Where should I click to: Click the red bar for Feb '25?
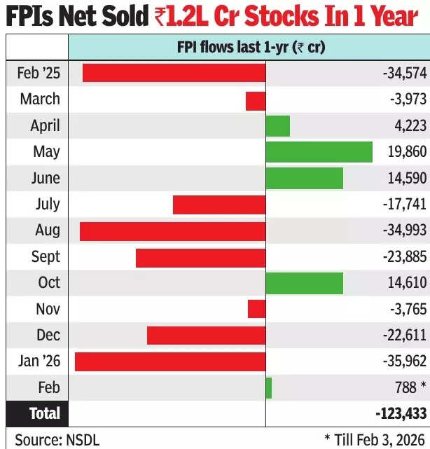tap(174, 73)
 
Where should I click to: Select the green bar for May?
tap(319, 152)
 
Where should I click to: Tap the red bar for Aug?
tap(172, 230)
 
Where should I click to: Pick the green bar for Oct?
tap(305, 283)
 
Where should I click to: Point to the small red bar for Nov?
tap(256, 309)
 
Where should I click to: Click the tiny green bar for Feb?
tap(269, 387)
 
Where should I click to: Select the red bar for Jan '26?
tap(170, 361)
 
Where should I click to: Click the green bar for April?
tap(278, 126)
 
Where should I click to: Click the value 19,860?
tap(406, 152)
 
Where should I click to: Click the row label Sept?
tap(46, 257)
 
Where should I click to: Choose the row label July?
tap(48, 205)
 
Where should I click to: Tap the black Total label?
tap(45, 414)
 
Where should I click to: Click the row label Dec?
tap(48, 336)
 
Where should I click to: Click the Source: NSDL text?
tap(57, 439)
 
